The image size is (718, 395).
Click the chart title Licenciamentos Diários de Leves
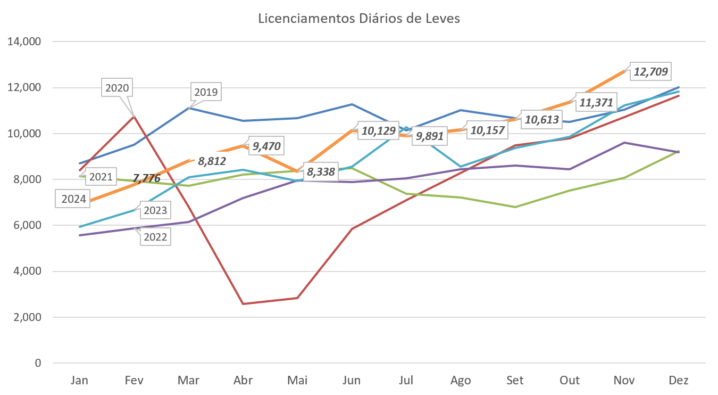(x=359, y=19)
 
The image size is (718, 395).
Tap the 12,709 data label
(x=650, y=71)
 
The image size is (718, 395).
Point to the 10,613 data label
(x=542, y=120)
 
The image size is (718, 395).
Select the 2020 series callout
(x=117, y=88)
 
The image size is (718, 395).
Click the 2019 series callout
(x=206, y=92)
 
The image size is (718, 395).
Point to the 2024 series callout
(x=73, y=200)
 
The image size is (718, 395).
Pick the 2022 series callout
(x=155, y=237)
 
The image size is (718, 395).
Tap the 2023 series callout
(x=155, y=210)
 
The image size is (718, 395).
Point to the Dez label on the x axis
(x=679, y=380)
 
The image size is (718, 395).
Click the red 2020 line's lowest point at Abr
(x=243, y=303)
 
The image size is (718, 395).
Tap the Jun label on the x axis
(x=352, y=380)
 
